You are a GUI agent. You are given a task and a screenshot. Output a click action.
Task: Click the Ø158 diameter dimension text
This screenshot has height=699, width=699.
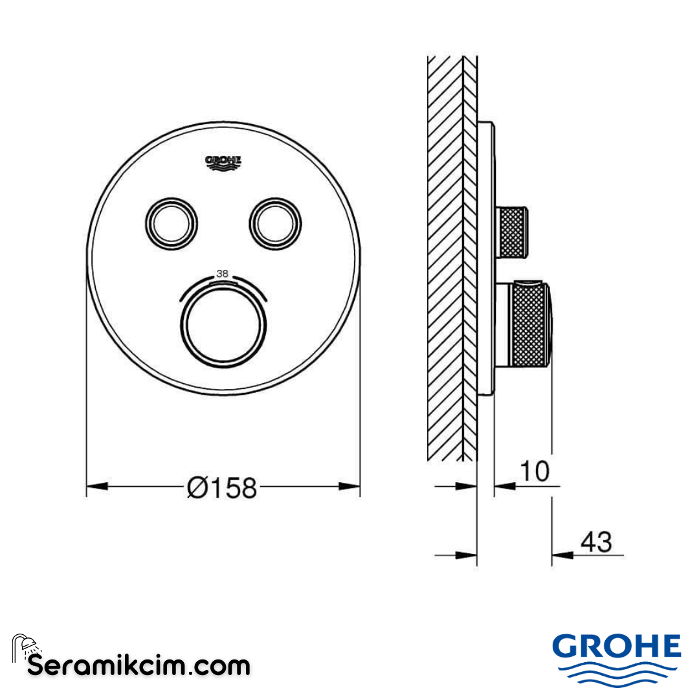[x=221, y=487]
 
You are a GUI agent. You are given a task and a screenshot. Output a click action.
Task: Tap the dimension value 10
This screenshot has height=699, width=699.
[x=535, y=471]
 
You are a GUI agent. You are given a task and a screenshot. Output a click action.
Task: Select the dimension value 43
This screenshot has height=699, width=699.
[x=595, y=542]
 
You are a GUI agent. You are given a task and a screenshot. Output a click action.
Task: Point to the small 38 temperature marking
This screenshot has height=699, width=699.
[x=222, y=274]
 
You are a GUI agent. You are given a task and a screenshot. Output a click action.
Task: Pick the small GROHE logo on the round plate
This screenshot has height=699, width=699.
[x=223, y=162]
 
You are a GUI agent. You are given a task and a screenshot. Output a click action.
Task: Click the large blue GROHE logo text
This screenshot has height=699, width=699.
[x=617, y=647]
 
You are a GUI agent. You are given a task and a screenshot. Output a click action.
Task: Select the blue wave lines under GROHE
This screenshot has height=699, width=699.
[x=617, y=673]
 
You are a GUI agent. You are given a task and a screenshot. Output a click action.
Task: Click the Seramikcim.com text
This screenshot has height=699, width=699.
[x=139, y=665]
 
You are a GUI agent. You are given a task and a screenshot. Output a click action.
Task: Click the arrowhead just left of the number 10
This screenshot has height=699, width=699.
[x=505, y=485]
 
